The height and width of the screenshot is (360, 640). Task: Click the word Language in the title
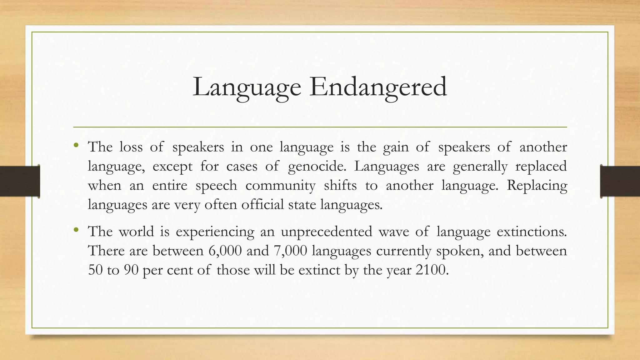pyautogui.click(x=247, y=87)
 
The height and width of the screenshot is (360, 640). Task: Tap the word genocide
pyautogui.click(x=317, y=166)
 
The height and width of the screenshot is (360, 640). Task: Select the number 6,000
pyautogui.click(x=225, y=251)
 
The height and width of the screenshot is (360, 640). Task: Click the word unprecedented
pyautogui.click(x=326, y=232)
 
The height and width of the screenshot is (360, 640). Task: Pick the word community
pyautogui.click(x=280, y=186)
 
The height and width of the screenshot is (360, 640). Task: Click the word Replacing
pyautogui.click(x=537, y=186)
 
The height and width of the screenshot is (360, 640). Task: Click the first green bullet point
pyautogui.click(x=76, y=145)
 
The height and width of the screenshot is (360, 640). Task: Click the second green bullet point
pyautogui.click(x=76, y=230)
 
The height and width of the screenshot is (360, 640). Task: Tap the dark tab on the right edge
pyautogui.click(x=620, y=181)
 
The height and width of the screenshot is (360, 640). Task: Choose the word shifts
pyautogui.click(x=340, y=186)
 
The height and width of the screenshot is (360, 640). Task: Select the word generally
pyautogui.click(x=480, y=166)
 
